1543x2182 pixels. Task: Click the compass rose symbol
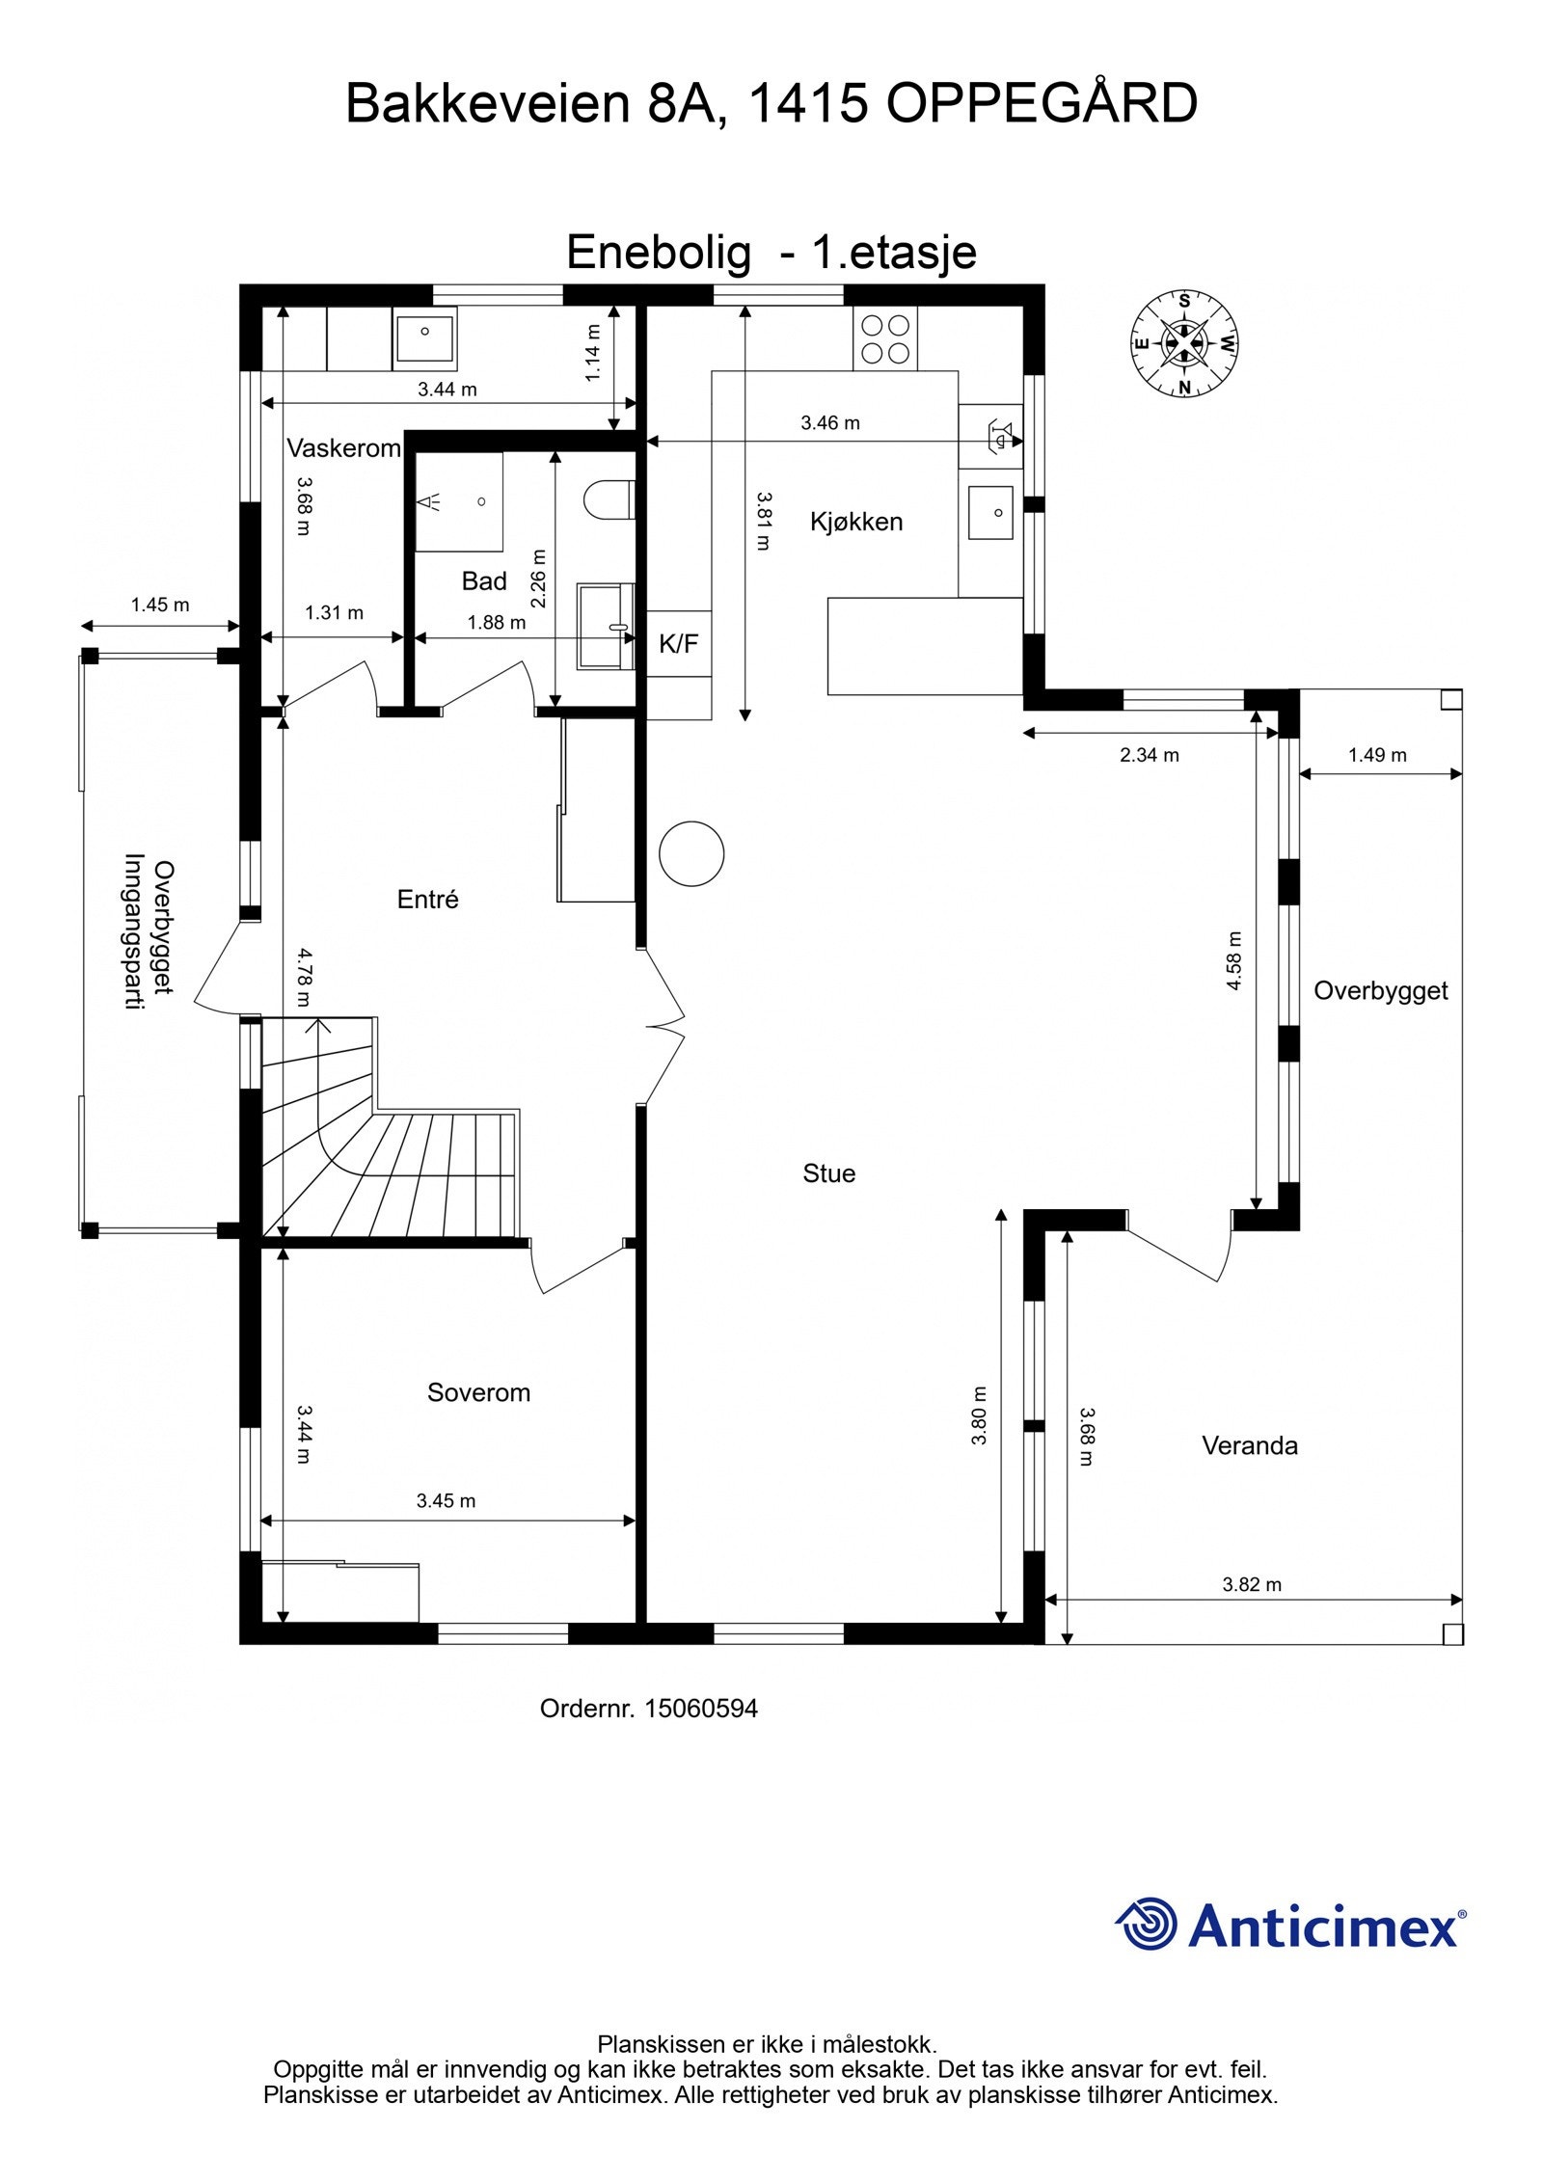pyautogui.click(x=1184, y=343)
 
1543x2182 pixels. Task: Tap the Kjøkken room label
pyautogui.click(x=856, y=522)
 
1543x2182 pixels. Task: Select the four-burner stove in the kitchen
pyautogui.click(x=885, y=338)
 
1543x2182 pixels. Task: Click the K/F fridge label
pyautogui.click(x=678, y=644)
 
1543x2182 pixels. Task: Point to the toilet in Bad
pyautogui.click(x=608, y=499)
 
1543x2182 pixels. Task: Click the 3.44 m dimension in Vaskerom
pyautogui.click(x=447, y=390)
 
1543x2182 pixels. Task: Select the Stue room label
pyautogui.click(x=828, y=1173)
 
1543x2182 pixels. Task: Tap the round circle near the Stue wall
pyautogui.click(x=691, y=853)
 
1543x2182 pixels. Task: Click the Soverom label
pyautogui.click(x=478, y=1392)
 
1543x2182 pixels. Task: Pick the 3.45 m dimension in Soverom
pyautogui.click(x=446, y=1500)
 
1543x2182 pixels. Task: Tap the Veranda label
pyautogui.click(x=1249, y=1445)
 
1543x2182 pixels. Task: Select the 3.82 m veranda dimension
pyautogui.click(x=1252, y=1584)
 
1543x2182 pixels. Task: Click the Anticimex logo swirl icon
pyautogui.click(x=1147, y=1923)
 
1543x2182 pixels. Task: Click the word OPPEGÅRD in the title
pyautogui.click(x=1042, y=104)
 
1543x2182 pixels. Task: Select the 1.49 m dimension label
pyautogui.click(x=1377, y=755)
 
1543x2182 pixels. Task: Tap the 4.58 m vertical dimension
pyautogui.click(x=1235, y=960)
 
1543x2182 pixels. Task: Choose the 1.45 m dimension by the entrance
pyautogui.click(x=160, y=606)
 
